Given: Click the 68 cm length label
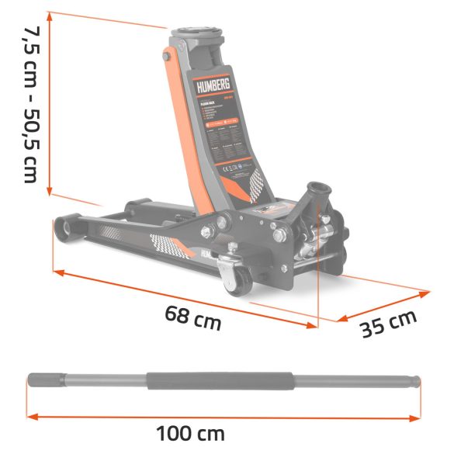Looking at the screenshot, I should click(192, 317).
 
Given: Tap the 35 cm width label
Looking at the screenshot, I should click(389, 324).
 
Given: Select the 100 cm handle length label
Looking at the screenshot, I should click(190, 434).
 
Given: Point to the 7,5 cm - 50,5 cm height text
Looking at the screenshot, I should click(29, 105).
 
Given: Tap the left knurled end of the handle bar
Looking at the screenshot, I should click(39, 380).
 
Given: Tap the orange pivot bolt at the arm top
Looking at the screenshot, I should click(166, 57).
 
